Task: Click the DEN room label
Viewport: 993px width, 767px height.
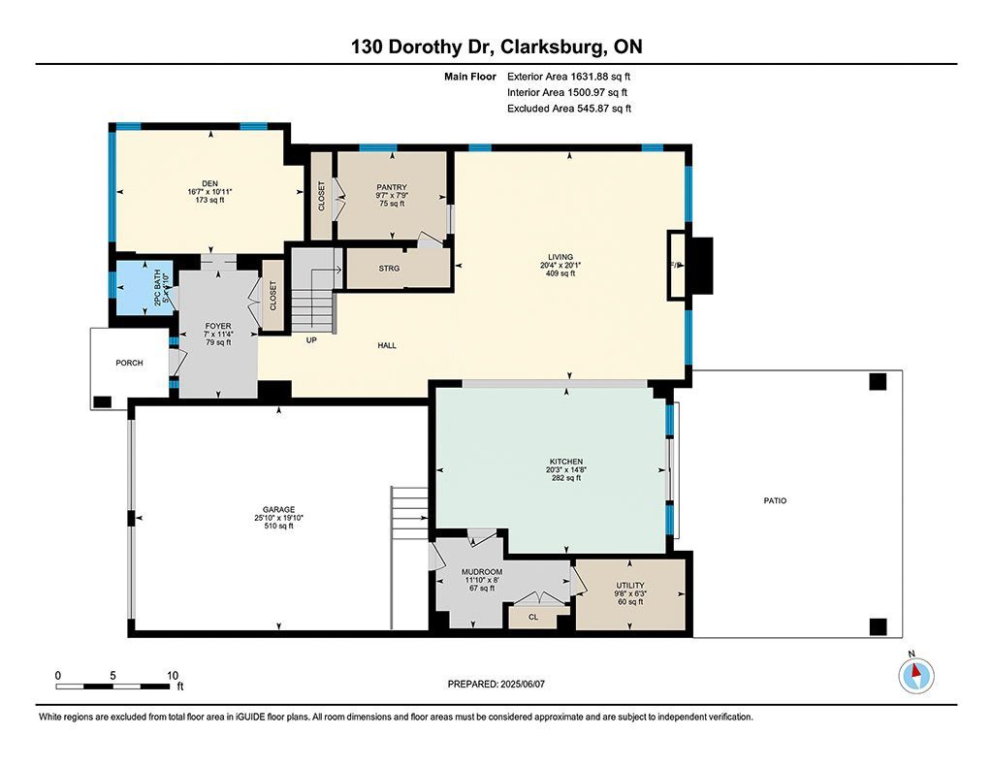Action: pyautogui.click(x=209, y=183)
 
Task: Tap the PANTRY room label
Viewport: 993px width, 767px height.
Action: pyautogui.click(x=392, y=187)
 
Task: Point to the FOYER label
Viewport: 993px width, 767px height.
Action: pyautogui.click(x=218, y=326)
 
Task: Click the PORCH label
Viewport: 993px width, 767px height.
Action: pyautogui.click(x=129, y=363)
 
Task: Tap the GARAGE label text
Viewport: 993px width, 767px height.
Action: pyautogui.click(x=278, y=509)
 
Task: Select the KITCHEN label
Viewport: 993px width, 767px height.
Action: pyautogui.click(x=566, y=462)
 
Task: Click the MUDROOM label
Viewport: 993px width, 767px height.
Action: pyautogui.click(x=482, y=572)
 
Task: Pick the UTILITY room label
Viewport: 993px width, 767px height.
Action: pyautogui.click(x=630, y=586)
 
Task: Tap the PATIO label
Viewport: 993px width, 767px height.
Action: pyautogui.click(x=775, y=500)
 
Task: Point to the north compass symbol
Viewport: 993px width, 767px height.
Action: pyautogui.click(x=915, y=675)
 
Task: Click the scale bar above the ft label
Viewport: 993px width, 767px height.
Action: pyautogui.click(x=113, y=687)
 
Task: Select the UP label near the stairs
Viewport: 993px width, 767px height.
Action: pyautogui.click(x=311, y=340)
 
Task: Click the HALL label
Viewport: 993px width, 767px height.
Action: pyautogui.click(x=387, y=345)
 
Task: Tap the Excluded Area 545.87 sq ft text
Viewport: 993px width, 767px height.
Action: pyautogui.click(x=568, y=109)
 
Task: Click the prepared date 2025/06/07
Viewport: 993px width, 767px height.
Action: pyautogui.click(x=523, y=684)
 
